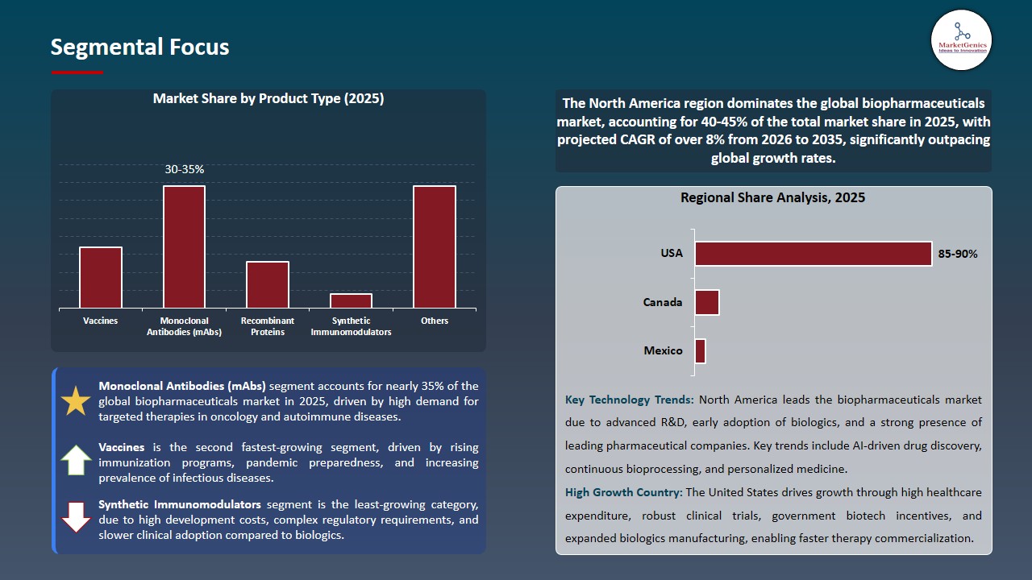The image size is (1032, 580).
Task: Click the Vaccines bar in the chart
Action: (101, 277)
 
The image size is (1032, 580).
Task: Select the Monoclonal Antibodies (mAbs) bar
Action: (184, 246)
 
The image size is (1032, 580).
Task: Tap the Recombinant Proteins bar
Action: (268, 284)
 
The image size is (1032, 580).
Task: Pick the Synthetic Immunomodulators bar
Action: (351, 300)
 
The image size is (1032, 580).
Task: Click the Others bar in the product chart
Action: (435, 246)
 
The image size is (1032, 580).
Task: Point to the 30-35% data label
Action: (184, 170)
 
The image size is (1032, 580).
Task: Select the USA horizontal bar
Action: (813, 254)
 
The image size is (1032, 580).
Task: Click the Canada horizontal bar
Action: (706, 303)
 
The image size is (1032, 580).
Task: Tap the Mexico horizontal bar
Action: (700, 351)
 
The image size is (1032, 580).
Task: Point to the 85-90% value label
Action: (958, 254)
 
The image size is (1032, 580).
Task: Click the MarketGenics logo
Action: (961, 39)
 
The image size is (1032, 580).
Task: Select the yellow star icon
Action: (77, 401)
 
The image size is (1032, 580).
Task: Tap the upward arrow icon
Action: (77, 460)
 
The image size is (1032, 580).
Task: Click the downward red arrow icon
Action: (77, 517)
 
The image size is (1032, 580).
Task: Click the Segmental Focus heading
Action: (139, 47)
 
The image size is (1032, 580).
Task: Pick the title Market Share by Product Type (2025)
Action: (268, 99)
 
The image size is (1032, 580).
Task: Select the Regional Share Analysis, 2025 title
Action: (772, 197)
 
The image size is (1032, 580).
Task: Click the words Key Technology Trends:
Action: (630, 400)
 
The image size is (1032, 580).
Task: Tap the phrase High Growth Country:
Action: (623, 492)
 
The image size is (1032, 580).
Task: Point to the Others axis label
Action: (435, 321)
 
